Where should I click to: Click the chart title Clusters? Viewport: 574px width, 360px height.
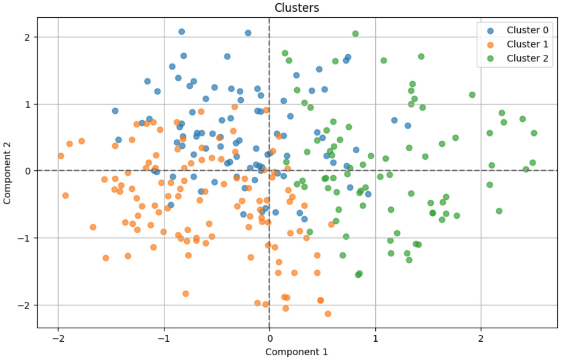[x=296, y=8]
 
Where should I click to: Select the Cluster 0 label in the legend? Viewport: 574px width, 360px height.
[x=527, y=30]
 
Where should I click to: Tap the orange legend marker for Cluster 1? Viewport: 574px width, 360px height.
[x=491, y=45]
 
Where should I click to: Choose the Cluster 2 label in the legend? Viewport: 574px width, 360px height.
[x=527, y=58]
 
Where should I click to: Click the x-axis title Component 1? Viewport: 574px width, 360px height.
[x=296, y=352]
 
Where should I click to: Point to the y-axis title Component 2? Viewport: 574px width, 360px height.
[x=7, y=173]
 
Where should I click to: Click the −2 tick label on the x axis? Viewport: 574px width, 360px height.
[x=58, y=339]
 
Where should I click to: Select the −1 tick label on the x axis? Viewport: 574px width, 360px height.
[x=164, y=339]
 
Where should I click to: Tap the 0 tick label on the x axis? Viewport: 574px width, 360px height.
[x=270, y=339]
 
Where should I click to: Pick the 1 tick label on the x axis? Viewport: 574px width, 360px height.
[x=375, y=339]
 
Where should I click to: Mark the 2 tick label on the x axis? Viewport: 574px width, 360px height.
[x=481, y=339]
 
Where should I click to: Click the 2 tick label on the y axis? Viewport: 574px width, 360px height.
[x=28, y=38]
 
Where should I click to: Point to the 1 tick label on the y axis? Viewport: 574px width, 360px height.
[x=28, y=105]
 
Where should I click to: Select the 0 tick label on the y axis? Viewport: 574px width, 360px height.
[x=28, y=171]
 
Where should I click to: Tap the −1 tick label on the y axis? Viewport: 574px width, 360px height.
[x=25, y=239]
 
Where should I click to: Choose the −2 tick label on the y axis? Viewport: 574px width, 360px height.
[x=25, y=305]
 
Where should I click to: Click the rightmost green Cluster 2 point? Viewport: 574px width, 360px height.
[x=534, y=133]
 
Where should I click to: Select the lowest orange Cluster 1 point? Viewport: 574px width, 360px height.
[x=328, y=314]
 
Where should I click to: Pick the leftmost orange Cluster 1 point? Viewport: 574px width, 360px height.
[x=61, y=156]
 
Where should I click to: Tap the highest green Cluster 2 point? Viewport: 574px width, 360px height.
[x=355, y=34]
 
